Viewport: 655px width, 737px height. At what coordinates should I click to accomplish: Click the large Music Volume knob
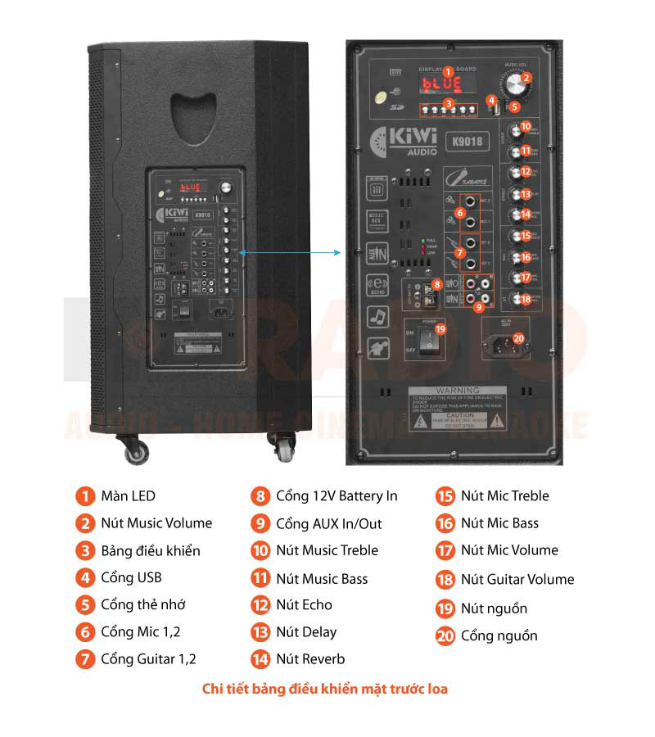tap(516, 85)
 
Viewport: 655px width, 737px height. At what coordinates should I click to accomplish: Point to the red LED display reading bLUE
tap(442, 84)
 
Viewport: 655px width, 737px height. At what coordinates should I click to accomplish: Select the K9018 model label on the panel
tap(466, 140)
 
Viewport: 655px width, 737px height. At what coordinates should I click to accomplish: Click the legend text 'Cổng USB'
tap(131, 577)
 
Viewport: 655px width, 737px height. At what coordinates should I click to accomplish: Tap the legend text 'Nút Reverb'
tap(310, 658)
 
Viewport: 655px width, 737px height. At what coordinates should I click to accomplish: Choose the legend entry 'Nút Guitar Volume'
tap(517, 579)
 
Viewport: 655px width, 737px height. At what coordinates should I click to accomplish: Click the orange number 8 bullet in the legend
tap(260, 496)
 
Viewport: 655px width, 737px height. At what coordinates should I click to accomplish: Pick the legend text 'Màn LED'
tap(128, 495)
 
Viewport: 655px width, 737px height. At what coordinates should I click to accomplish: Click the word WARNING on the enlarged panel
tap(457, 391)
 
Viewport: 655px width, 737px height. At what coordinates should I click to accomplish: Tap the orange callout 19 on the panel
tap(440, 329)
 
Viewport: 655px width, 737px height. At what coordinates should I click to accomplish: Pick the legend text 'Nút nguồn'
tap(494, 608)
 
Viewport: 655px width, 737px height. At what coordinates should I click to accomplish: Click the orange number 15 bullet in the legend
tap(445, 496)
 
